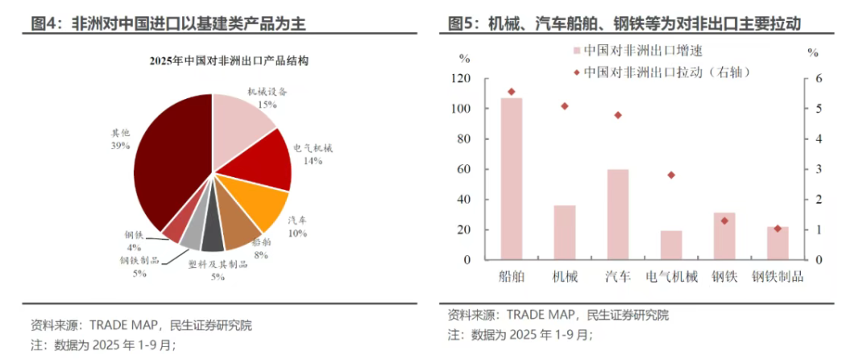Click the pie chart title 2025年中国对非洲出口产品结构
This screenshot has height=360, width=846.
pyautogui.click(x=214, y=61)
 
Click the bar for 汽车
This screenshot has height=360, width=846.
pyautogui.click(x=618, y=214)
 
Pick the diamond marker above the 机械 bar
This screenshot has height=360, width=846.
pyautogui.click(x=564, y=106)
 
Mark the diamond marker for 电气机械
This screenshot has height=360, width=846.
pyautogui.click(x=671, y=175)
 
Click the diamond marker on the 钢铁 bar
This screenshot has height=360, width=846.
pyautogui.click(x=724, y=221)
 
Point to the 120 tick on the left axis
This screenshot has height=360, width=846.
pyautogui.click(x=461, y=79)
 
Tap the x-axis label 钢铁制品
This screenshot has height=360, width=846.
pyautogui.click(x=778, y=277)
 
